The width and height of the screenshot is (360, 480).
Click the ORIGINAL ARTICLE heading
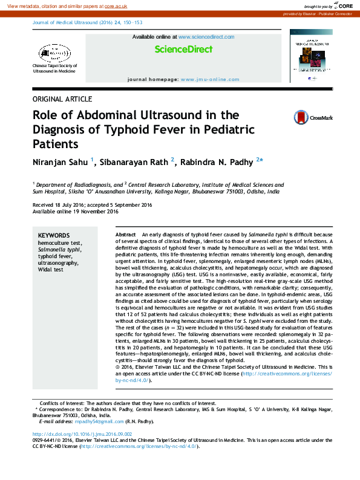point(62,99)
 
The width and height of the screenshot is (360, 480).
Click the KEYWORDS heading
point(53,235)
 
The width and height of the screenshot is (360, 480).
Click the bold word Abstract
point(125,233)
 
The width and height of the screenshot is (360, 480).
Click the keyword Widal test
point(50,269)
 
